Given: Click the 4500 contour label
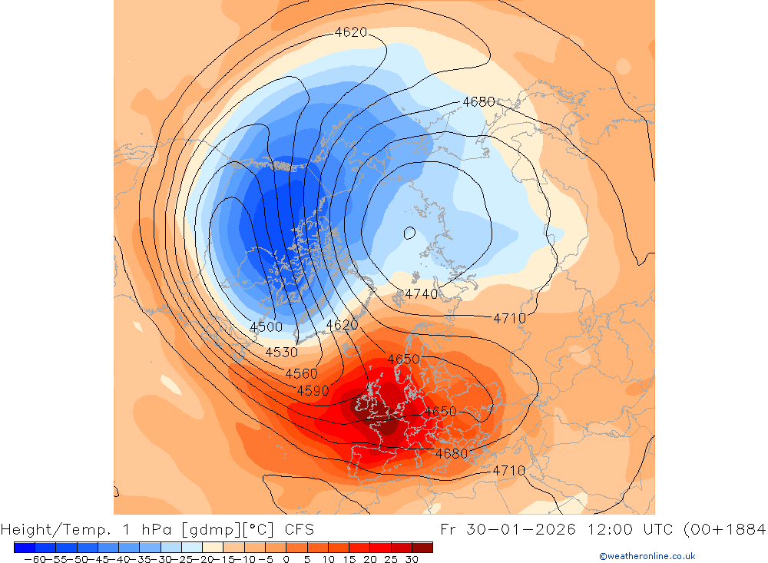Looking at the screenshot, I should (266, 326).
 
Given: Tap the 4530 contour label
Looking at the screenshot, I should (281, 352).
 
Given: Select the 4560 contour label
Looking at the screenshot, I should (301, 373).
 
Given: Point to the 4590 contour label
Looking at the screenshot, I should (313, 390).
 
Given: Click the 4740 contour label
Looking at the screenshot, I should (421, 293).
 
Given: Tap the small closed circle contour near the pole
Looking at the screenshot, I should (409, 232).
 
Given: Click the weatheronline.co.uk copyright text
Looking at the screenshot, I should (647, 556).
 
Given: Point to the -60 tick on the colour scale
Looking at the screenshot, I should (35, 559).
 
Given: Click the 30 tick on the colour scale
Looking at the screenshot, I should (412, 559).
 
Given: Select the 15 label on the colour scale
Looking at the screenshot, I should (349, 559).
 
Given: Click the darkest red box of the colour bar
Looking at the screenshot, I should (422, 547).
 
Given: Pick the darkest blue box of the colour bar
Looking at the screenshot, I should (24, 547).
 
